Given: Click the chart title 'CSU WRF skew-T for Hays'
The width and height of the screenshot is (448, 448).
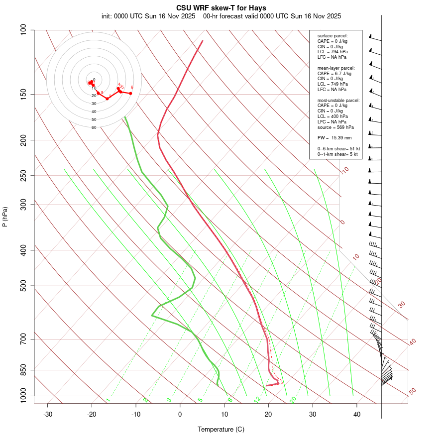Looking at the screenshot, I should [221, 8].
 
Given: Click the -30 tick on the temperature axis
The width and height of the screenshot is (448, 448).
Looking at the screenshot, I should [48, 415].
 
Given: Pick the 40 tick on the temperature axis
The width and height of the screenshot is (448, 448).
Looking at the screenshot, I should [357, 415].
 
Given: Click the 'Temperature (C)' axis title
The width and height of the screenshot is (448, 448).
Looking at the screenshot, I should [221, 429].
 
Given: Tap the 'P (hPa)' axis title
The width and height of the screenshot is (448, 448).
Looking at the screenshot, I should [5, 217].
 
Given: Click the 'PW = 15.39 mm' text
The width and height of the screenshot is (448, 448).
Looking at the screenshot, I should [335, 138].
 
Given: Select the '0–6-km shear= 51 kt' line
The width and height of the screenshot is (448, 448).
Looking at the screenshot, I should [338, 148].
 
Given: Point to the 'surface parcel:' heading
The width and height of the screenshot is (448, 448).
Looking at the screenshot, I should [333, 36].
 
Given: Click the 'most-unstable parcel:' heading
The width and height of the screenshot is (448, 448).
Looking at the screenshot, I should [338, 101].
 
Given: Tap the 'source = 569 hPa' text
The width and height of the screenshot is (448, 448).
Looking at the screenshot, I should [336, 127].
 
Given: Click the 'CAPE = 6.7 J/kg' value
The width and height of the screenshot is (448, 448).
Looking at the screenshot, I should [334, 74].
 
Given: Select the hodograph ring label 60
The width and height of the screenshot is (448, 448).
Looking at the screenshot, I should [94, 127].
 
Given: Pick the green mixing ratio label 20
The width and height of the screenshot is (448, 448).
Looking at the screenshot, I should [293, 399].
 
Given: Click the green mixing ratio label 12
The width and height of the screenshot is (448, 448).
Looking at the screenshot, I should [257, 399].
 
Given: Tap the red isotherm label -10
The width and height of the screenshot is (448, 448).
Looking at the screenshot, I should [344, 171].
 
